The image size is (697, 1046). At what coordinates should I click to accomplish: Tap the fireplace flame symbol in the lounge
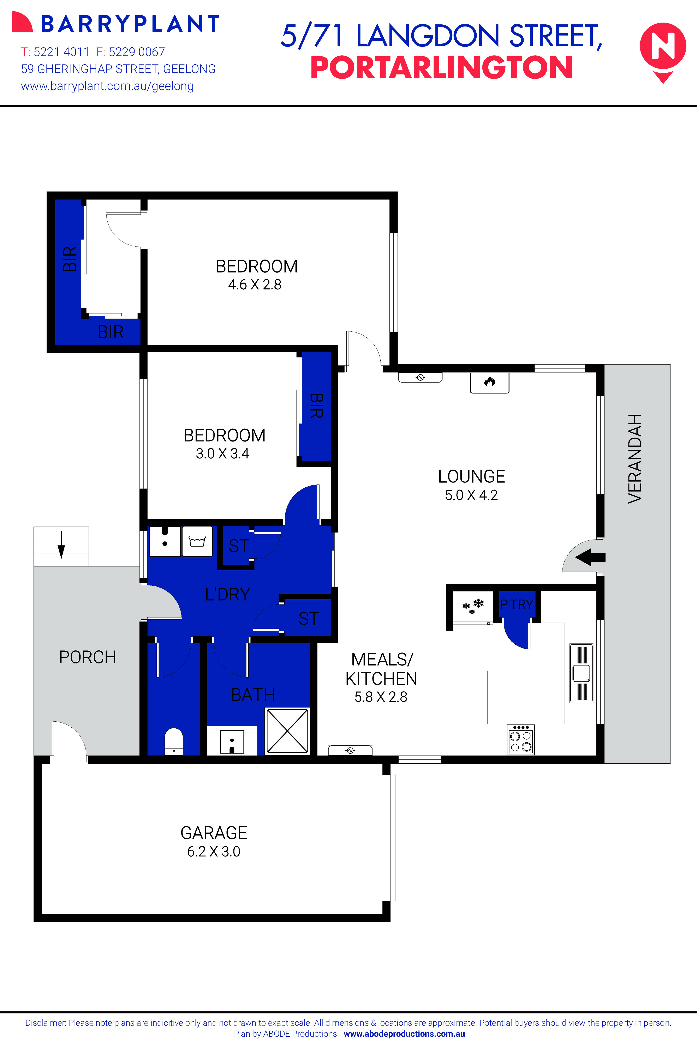click(489, 381)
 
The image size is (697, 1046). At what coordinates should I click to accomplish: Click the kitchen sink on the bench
click(582, 673)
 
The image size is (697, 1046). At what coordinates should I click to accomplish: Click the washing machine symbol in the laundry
click(197, 541)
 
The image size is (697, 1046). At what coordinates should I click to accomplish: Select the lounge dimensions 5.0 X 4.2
click(471, 495)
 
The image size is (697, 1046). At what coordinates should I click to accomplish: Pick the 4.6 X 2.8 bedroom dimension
click(255, 284)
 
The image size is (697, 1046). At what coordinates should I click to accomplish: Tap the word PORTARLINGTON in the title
click(441, 68)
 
